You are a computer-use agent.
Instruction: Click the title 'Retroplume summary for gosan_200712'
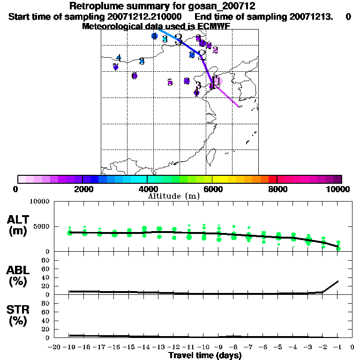click(162, 6)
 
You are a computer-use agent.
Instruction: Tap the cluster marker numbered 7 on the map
click(115, 67)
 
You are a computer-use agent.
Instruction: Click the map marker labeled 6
click(135, 75)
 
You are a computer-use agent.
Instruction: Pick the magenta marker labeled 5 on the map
click(170, 82)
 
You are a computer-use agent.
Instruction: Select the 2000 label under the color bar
click(82, 189)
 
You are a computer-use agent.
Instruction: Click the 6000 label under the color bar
click(212, 189)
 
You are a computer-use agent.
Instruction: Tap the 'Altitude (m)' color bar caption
click(174, 196)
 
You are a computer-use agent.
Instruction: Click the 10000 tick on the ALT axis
click(40, 202)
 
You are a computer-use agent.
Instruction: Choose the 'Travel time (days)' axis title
click(205, 355)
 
